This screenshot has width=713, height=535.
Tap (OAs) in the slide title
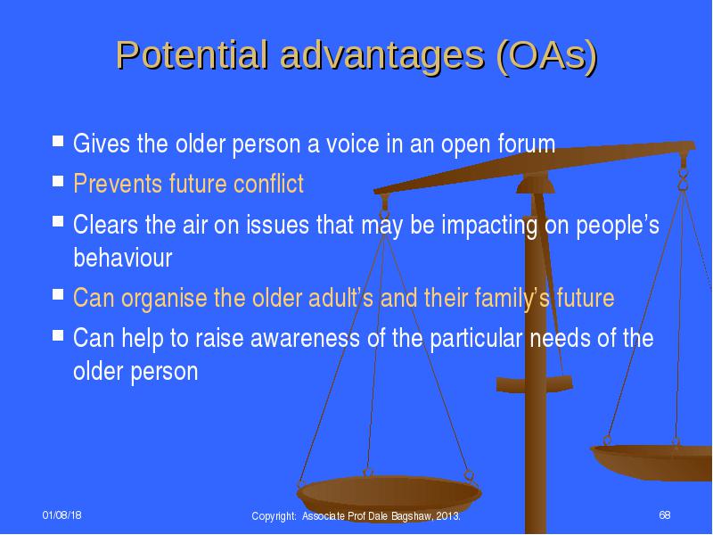click(546, 57)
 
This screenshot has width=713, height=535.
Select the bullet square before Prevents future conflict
click(58, 181)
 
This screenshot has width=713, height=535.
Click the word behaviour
click(123, 258)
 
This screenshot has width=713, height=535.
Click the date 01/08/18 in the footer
click(61, 515)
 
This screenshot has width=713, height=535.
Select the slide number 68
click(665, 515)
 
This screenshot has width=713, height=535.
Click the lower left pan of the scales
click(389, 496)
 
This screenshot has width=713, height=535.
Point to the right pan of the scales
click(652, 462)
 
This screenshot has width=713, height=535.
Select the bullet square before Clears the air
click(58, 221)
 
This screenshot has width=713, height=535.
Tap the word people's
click(618, 225)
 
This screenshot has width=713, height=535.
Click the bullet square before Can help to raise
click(58, 335)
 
